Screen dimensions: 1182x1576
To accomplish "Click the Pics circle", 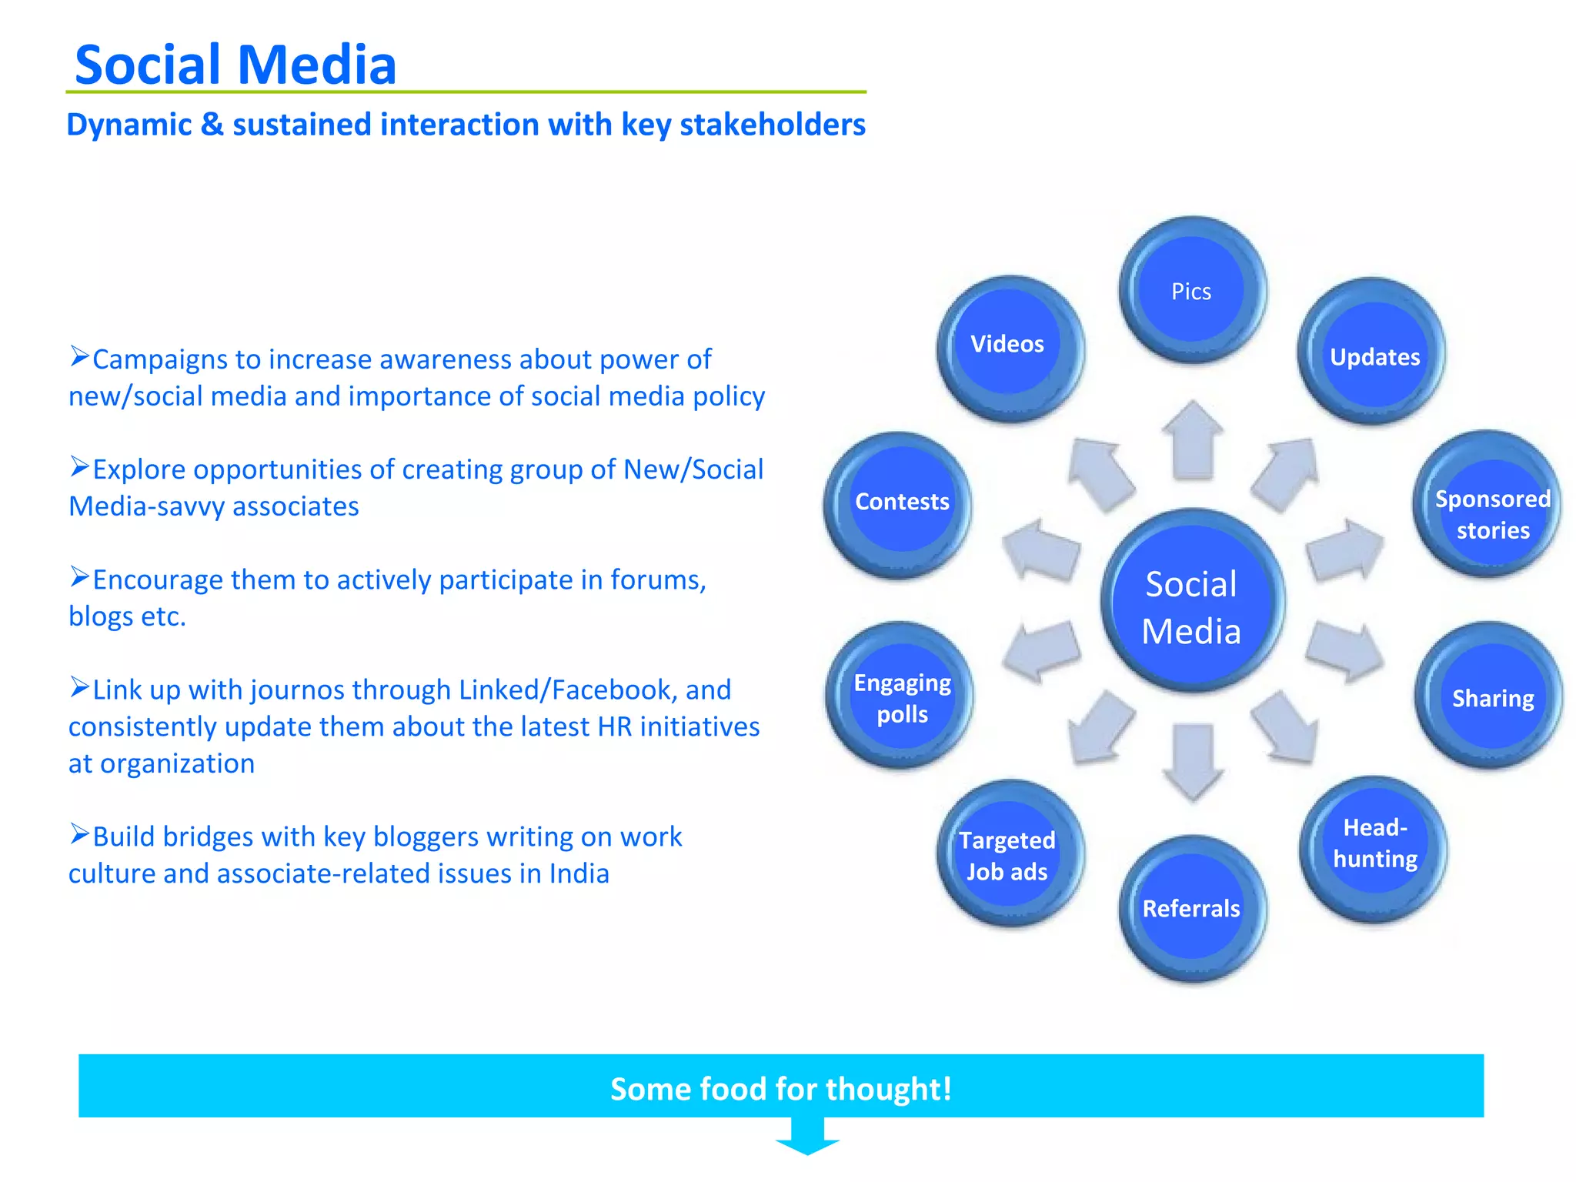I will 1191,290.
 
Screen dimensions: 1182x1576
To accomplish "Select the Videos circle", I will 1009,348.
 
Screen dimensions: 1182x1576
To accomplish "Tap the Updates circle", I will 1373,353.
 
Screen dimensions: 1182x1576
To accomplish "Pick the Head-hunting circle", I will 1374,847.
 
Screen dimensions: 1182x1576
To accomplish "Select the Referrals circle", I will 1191,908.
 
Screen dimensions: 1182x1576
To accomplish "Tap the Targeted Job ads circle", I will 1009,854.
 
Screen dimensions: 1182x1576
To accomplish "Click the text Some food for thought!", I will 780,1088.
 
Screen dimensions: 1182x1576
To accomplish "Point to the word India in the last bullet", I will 579,873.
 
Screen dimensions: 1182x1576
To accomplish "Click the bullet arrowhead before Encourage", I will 79,576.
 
